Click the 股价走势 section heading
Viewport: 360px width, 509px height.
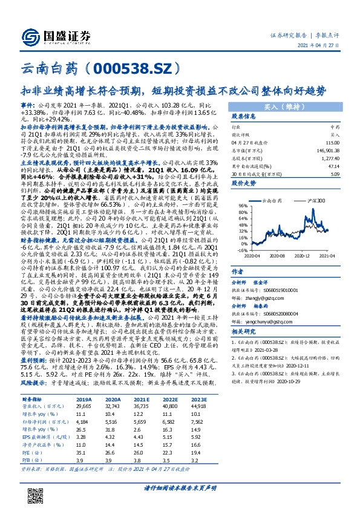coord(224,182)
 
